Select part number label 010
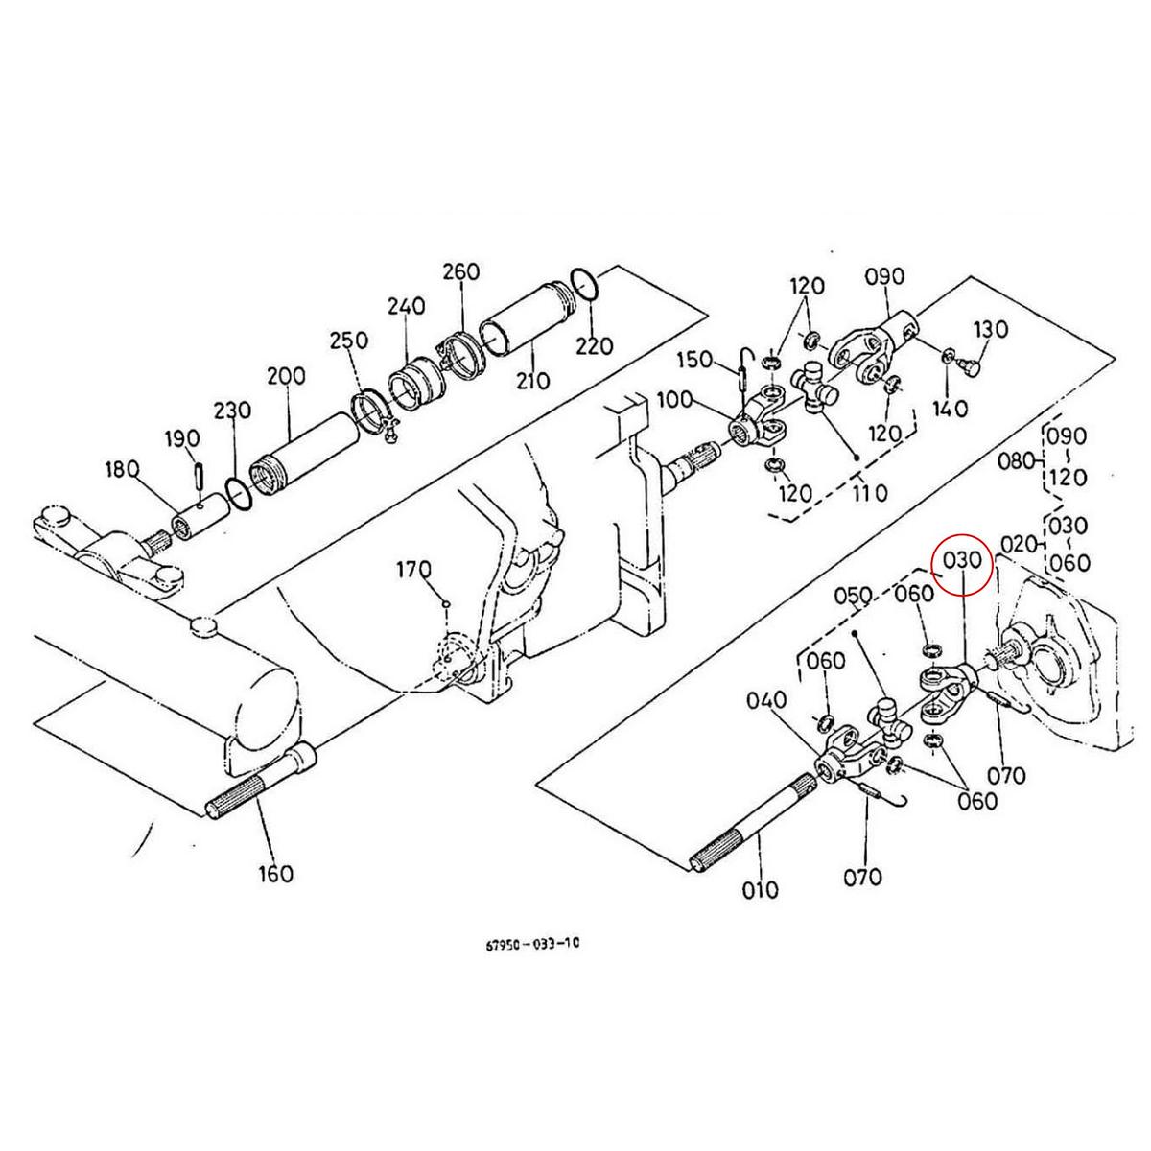(761, 889)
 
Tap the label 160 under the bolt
(275, 874)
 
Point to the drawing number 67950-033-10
(532, 943)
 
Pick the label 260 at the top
(460, 271)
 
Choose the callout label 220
(595, 344)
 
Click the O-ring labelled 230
(238, 496)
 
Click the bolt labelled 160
(259, 787)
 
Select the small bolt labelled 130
(971, 364)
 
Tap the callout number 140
(950, 409)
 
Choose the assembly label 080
(1017, 460)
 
